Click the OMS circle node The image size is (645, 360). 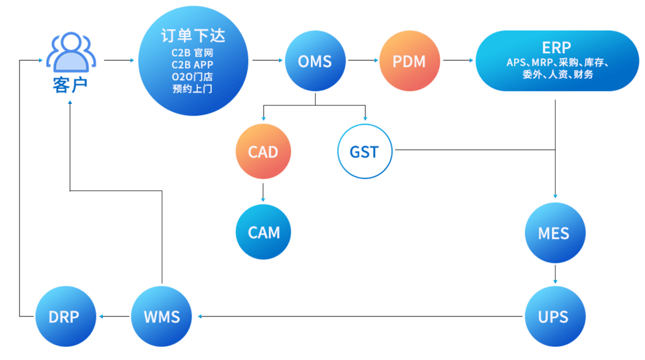(x=315, y=60)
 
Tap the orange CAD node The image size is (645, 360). (x=263, y=151)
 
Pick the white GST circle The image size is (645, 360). (x=364, y=151)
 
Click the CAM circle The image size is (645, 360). (x=264, y=232)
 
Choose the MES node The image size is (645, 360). (x=554, y=233)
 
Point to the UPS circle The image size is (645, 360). (x=554, y=317)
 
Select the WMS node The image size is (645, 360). (x=162, y=317)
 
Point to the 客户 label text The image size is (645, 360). (x=70, y=86)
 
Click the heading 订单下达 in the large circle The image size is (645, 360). (x=193, y=36)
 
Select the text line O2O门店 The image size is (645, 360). (x=192, y=77)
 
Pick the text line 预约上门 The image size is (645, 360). (x=192, y=89)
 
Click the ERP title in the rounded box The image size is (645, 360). (x=556, y=47)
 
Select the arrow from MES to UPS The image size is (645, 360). (x=555, y=275)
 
